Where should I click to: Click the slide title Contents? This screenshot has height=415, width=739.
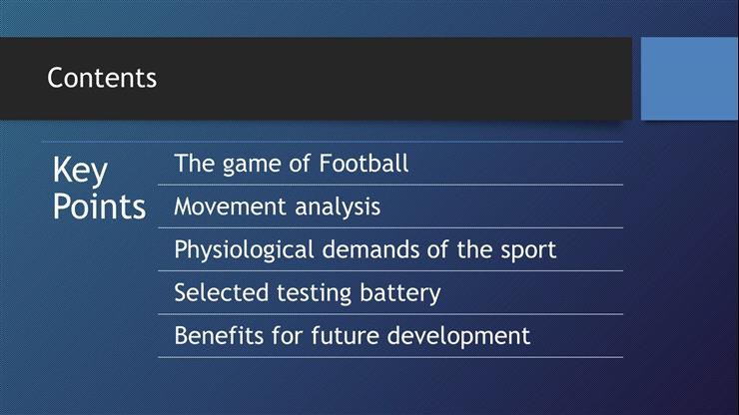[x=102, y=78]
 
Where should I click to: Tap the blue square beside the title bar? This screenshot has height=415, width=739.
[x=688, y=78]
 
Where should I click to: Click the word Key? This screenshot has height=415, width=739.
[x=80, y=171]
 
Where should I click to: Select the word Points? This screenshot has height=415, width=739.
[x=99, y=207]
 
